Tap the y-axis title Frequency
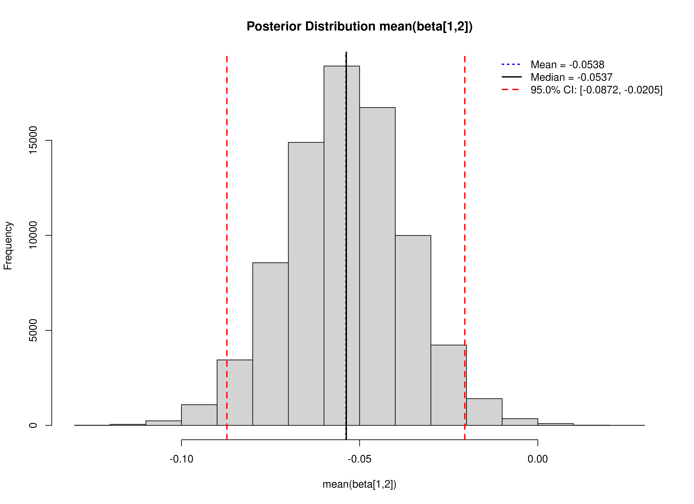tap(8, 246)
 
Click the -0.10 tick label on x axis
tap(181, 459)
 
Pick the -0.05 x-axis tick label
tap(360, 459)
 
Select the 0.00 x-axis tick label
tap(538, 459)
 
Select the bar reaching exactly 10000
tap(413, 330)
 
